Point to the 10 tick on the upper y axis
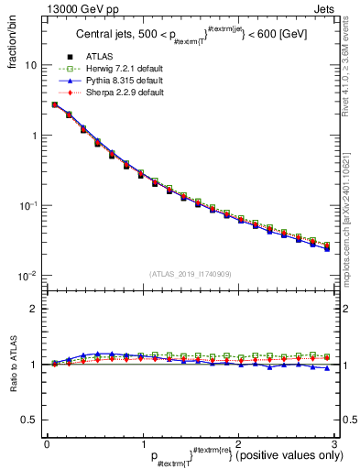[x=31, y=66]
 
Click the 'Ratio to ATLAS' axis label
[x=13, y=365]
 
